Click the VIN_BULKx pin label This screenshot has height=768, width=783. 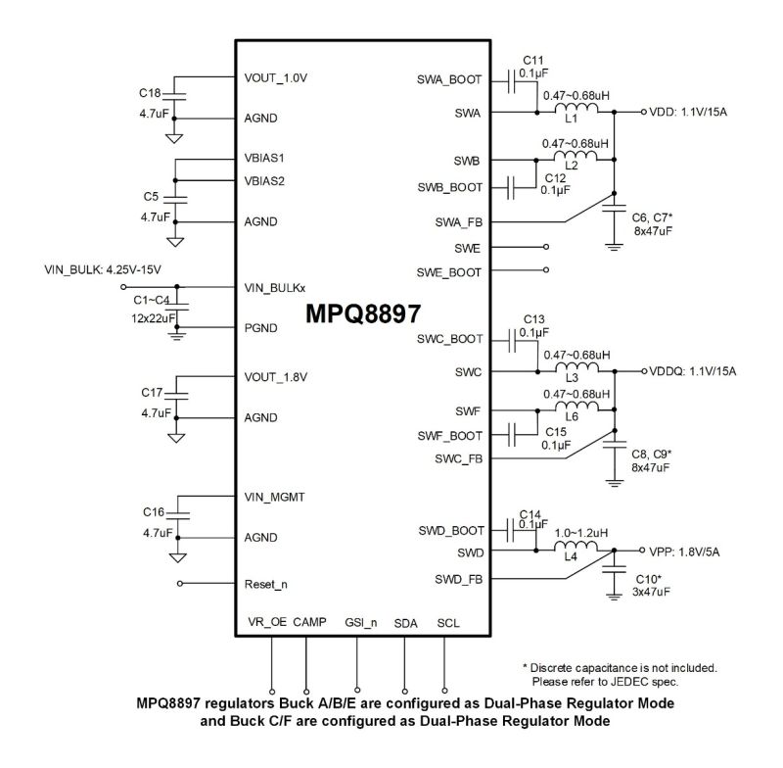275,288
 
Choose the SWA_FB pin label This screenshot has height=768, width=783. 459,222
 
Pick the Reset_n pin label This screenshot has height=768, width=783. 266,584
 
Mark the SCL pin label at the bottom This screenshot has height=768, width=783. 447,623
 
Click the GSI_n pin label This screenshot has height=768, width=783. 360,623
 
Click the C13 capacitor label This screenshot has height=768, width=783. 533,319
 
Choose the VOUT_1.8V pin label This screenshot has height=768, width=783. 276,376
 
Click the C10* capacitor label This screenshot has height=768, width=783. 649,579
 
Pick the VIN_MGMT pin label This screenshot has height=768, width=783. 274,497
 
